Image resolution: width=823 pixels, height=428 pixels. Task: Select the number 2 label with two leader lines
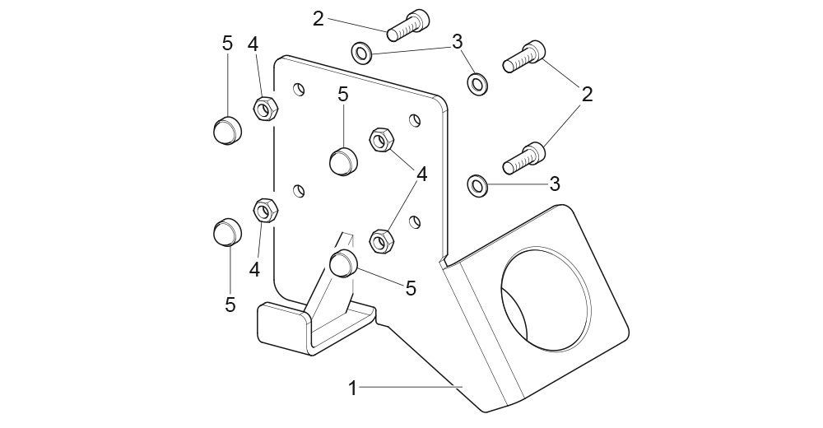(587, 94)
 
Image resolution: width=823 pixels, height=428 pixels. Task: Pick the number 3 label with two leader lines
(458, 41)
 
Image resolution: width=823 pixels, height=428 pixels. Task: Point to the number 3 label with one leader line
(555, 183)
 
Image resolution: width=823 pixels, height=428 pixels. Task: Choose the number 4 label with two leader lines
(421, 174)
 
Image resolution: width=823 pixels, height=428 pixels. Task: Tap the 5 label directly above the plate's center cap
(343, 95)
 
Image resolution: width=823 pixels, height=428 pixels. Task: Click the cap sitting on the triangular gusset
(342, 265)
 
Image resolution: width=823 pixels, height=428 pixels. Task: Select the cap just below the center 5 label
(342, 160)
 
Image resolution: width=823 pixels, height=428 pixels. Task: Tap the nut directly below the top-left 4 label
(264, 108)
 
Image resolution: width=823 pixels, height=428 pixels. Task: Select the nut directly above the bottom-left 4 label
(265, 212)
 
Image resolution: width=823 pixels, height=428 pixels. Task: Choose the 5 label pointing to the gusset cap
(410, 287)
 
